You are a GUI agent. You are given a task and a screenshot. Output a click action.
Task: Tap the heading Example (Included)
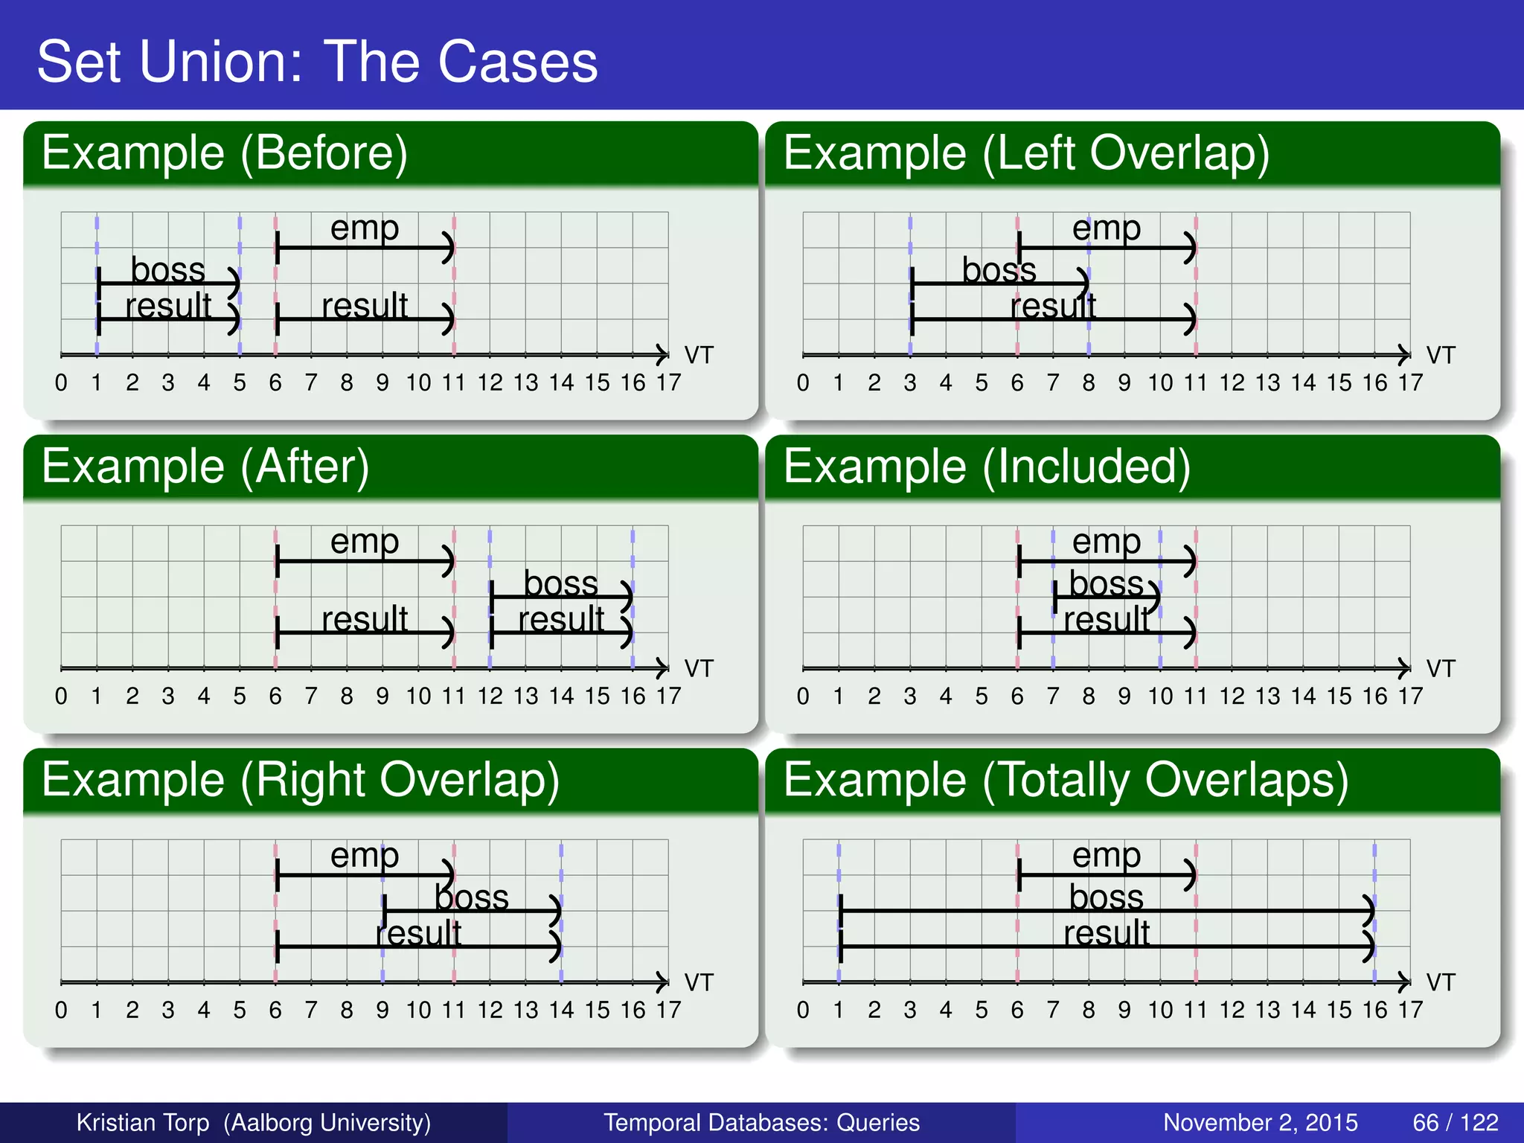click(987, 467)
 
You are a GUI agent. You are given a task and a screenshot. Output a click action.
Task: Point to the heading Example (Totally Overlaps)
click(1066, 780)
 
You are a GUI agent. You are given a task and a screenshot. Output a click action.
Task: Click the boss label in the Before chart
click(167, 269)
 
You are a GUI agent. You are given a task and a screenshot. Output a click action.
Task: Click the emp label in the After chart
click(365, 541)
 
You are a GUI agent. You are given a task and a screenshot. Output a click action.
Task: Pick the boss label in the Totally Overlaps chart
click(1106, 897)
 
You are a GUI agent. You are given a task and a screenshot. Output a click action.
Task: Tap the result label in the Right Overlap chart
click(418, 933)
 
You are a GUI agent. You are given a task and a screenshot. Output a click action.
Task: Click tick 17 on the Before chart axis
click(668, 382)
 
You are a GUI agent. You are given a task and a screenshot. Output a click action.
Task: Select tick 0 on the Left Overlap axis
click(802, 382)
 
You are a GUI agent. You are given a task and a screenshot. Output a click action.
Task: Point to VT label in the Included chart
click(1440, 668)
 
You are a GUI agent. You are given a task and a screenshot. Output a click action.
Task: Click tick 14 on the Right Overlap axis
click(561, 1010)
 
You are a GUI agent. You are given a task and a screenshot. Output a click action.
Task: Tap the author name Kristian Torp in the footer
click(143, 1122)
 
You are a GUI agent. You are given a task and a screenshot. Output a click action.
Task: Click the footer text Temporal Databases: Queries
click(761, 1122)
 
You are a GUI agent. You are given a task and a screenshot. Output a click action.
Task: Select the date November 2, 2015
click(1260, 1122)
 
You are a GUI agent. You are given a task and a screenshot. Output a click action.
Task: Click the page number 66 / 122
click(1455, 1122)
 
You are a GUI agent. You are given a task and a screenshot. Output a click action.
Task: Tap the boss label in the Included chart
click(1106, 583)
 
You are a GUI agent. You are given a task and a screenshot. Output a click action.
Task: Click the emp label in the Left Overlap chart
click(1106, 228)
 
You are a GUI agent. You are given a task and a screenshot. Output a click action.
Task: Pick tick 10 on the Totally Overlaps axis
click(1159, 1010)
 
